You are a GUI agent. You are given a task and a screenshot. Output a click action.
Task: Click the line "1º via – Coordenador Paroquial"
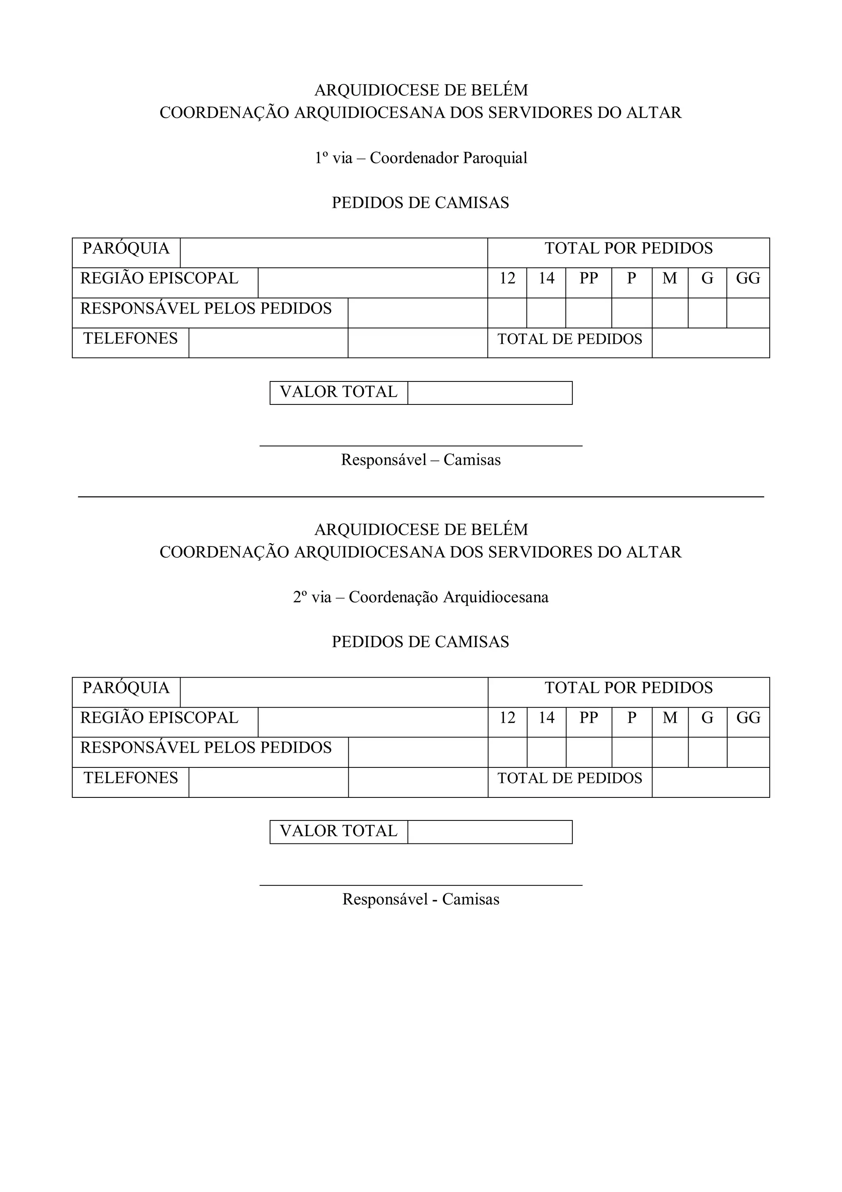click(x=421, y=158)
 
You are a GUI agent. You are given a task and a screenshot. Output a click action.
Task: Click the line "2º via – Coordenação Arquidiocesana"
click(x=421, y=597)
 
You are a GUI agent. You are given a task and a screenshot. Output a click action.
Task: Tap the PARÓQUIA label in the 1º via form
click(x=126, y=249)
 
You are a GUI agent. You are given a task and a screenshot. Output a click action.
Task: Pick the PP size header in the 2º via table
click(x=588, y=718)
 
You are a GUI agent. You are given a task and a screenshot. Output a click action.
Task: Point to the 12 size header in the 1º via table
click(x=507, y=279)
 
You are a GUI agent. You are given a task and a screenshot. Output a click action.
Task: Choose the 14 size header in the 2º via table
click(x=546, y=718)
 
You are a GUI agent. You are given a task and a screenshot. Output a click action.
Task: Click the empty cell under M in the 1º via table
click(x=670, y=313)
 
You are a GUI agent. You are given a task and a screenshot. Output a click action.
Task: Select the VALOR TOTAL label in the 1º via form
click(x=339, y=392)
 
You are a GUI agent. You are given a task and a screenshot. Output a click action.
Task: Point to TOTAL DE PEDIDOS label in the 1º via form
click(x=570, y=339)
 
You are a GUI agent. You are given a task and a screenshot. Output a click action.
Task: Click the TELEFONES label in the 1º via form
click(x=131, y=339)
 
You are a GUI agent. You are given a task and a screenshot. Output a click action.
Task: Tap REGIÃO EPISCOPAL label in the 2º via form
click(x=159, y=718)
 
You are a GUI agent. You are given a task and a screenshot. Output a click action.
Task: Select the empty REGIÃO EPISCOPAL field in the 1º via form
click(x=372, y=283)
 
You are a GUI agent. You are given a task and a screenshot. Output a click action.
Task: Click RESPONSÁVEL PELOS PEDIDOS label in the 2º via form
click(x=206, y=748)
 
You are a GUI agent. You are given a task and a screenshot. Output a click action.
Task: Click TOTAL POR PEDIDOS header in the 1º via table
click(x=628, y=249)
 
